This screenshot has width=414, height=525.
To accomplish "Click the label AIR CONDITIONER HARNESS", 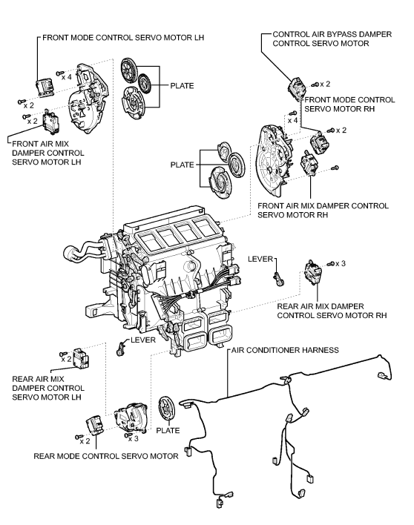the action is coord(285,350).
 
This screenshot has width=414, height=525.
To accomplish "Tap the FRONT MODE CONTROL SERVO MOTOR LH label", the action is coord(123,38).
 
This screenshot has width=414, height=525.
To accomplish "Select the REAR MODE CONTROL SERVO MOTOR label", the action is coord(106,456).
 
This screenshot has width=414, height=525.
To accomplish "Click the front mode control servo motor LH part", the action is coord(45,87).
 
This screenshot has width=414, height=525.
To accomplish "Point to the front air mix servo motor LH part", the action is coord(51,122).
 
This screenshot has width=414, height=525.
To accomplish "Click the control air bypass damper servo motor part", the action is coord(297,89).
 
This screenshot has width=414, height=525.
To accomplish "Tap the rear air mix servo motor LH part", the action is coord(81,359).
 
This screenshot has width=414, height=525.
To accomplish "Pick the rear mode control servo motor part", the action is coord(95,426).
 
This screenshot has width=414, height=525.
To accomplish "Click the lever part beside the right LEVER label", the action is coord(278,279).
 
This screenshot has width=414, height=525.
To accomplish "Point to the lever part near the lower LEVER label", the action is coord(120,349).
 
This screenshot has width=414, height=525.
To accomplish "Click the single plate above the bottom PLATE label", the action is coord(166,410).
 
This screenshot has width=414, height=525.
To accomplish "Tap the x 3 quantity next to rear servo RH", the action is coord(341,263).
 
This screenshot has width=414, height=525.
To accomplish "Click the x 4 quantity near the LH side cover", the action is coord(66,77).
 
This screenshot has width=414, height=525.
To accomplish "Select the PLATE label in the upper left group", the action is coord(182,86).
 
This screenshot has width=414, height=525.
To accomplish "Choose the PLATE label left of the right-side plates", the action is coord(182,165).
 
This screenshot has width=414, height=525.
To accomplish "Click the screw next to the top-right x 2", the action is coord(315,85).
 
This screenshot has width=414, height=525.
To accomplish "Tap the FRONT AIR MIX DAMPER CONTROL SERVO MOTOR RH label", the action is coord(323,211).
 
